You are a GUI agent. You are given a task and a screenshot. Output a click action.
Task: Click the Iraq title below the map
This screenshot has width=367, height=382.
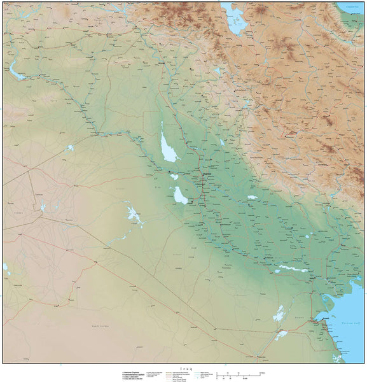point(185,367)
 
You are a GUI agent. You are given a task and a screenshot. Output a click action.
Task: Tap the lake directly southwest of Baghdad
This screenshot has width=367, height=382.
point(180,196)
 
